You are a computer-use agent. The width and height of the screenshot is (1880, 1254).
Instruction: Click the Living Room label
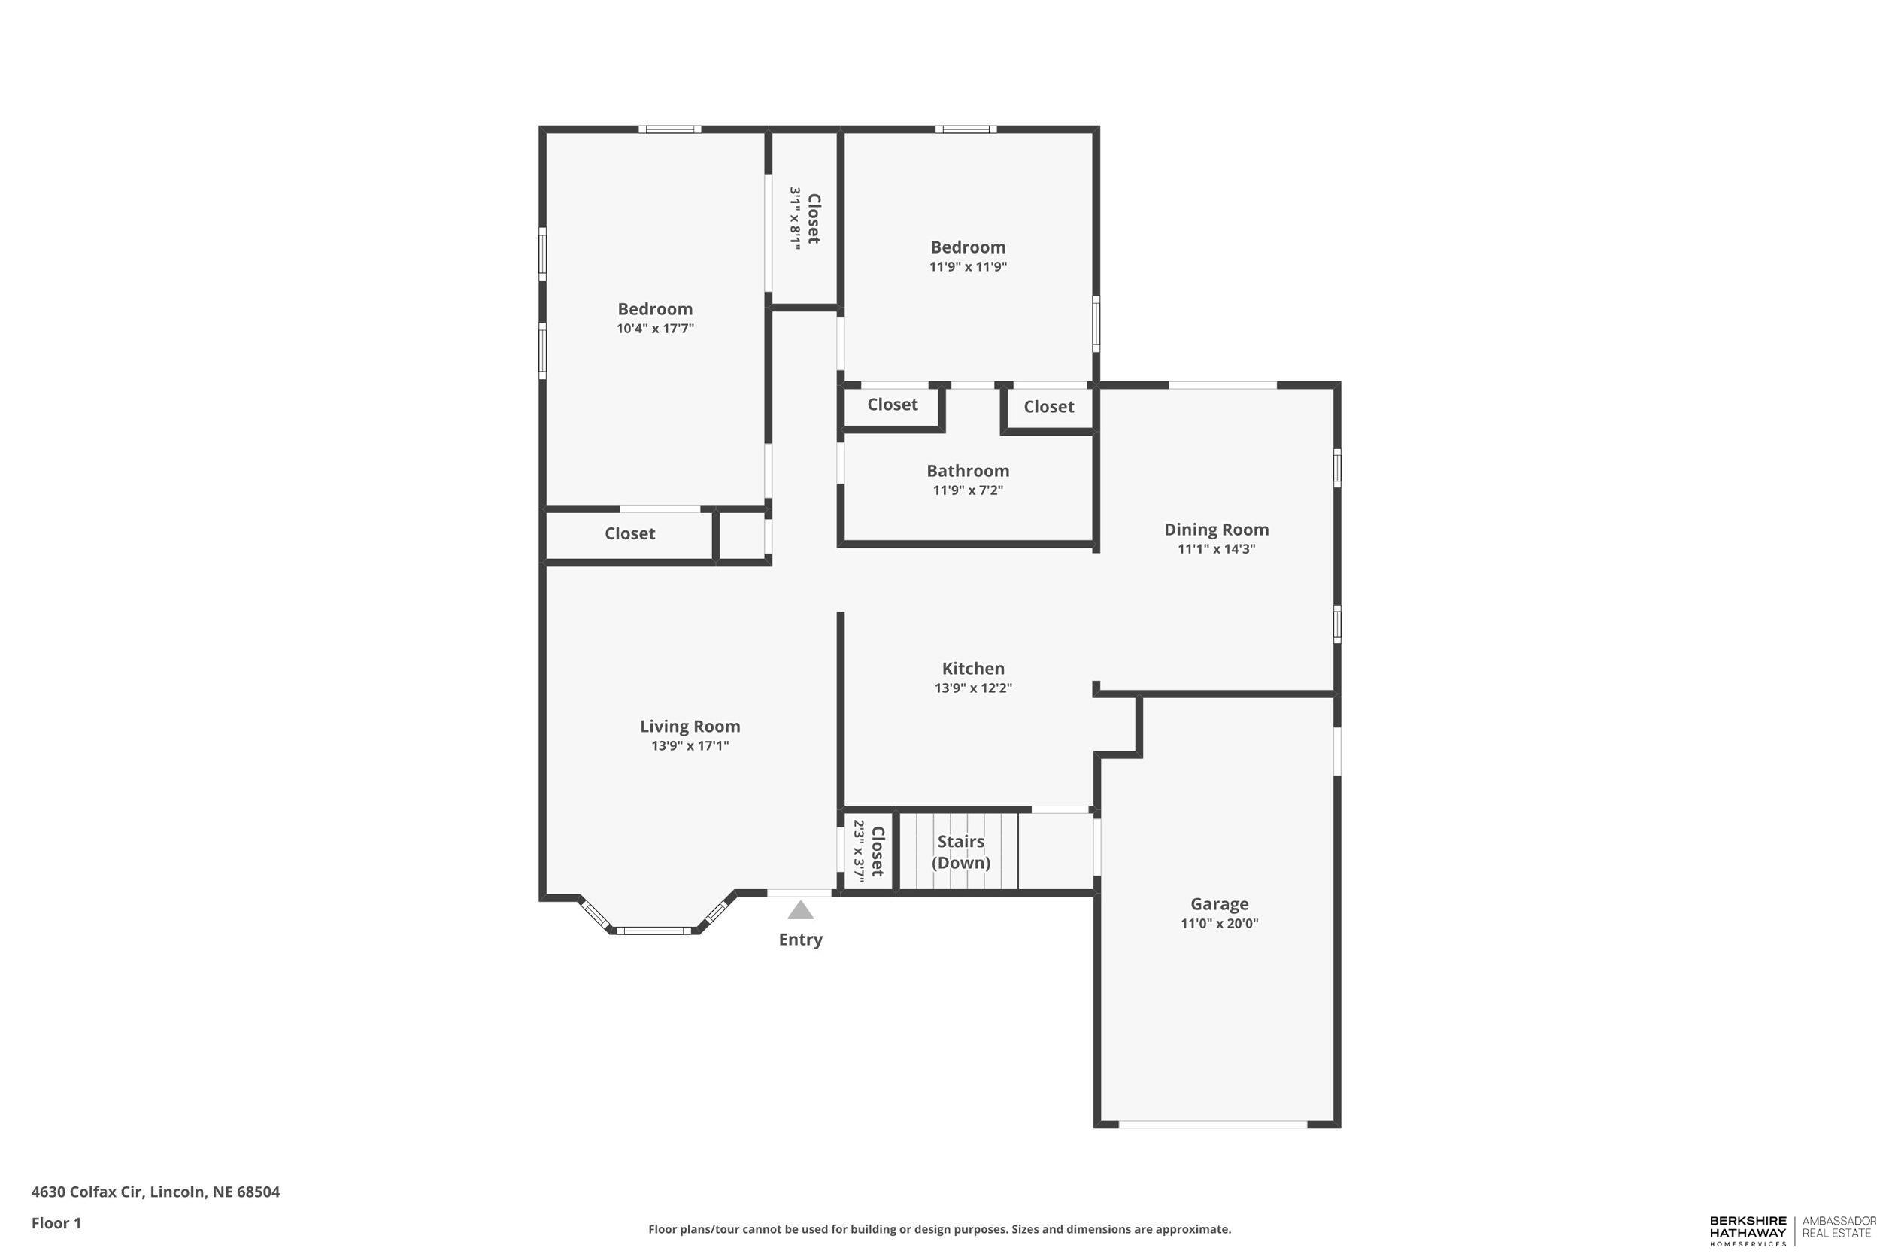[x=690, y=726]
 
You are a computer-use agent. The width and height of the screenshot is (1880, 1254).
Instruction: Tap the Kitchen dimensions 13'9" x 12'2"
[x=973, y=688]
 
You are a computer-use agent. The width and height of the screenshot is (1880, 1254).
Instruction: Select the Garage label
[x=1219, y=903]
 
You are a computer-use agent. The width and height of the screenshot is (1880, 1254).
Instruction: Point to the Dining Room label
[x=1216, y=530]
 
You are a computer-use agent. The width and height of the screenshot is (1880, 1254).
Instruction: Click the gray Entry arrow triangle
[x=800, y=911]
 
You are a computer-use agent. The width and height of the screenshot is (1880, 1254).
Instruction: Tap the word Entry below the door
[x=800, y=940]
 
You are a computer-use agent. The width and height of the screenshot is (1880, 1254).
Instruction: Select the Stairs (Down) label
[x=961, y=852]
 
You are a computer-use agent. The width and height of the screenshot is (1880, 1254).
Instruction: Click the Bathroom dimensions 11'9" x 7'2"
[x=967, y=490]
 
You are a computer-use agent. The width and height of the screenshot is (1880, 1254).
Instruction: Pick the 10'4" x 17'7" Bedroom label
[x=655, y=309]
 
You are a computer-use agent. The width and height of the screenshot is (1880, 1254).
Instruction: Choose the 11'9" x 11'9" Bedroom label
[x=967, y=247]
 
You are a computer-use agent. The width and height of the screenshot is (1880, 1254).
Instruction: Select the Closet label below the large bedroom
[x=629, y=533]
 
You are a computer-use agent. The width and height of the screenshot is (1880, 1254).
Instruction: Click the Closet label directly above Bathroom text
[x=892, y=405]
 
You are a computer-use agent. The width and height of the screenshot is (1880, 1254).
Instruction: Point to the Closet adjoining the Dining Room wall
[x=1049, y=407]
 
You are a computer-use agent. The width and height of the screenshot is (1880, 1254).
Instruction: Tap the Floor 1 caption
[x=56, y=1223]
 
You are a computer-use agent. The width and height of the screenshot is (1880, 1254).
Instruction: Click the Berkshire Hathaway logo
[x=1748, y=1231]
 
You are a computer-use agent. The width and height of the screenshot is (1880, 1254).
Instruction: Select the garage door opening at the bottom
[x=1212, y=1125]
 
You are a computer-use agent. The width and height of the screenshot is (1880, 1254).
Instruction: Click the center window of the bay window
[x=653, y=930]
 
